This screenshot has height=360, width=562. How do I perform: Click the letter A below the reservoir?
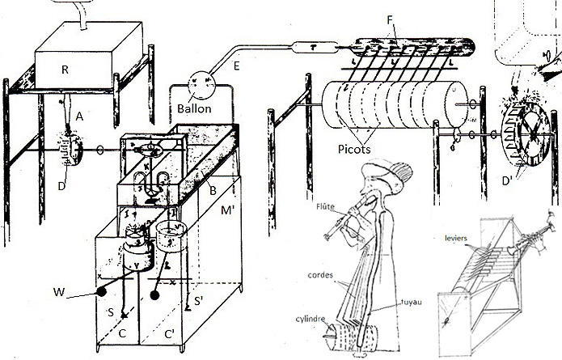point(79,116)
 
